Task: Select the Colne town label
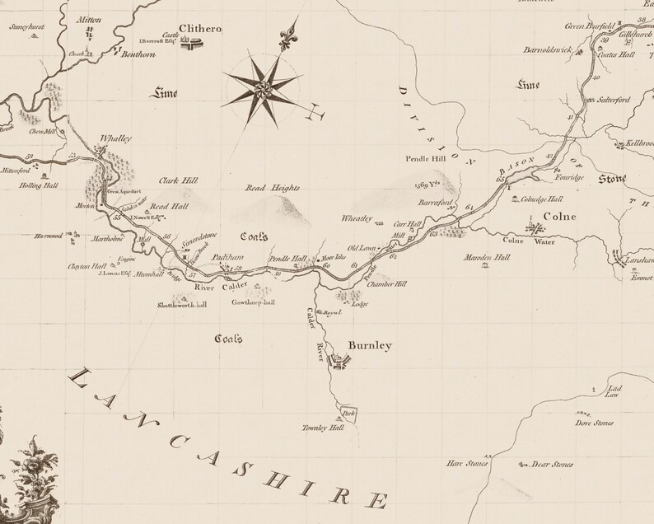pyautogui.click(x=558, y=218)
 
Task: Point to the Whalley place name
pyautogui.click(x=114, y=139)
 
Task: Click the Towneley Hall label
pyautogui.click(x=325, y=428)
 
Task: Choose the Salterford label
pyautogui.click(x=613, y=99)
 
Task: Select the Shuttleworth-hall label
pyautogui.click(x=181, y=304)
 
